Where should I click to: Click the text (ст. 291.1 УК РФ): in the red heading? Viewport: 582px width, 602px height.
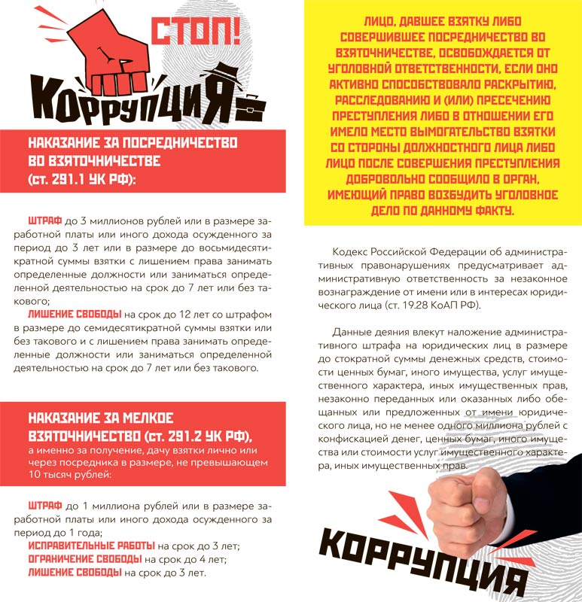pos(81,180)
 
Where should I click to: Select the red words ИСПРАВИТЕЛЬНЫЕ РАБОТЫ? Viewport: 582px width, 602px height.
pos(91,545)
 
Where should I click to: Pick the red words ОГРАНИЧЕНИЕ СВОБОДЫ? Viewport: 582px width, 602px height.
pos(84,558)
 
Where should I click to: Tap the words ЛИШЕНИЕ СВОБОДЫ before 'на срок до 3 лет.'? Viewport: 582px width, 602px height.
pos(75,573)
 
